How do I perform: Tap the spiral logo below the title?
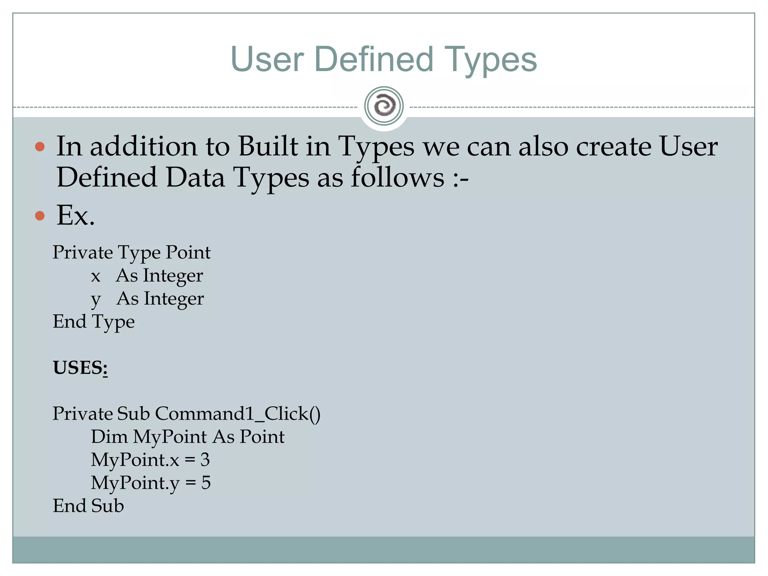384,106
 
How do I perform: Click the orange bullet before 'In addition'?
40,146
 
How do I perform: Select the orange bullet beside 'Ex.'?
40,216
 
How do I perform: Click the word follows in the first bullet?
397,177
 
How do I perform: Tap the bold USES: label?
80,367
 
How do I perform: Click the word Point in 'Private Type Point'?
188,252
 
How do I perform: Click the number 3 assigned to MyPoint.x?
205,460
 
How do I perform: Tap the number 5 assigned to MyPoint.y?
206,483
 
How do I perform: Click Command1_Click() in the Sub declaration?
238,414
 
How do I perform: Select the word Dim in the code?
109,437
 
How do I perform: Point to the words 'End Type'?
94,322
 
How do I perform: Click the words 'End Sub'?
88,506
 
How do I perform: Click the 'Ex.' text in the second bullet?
75,216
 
